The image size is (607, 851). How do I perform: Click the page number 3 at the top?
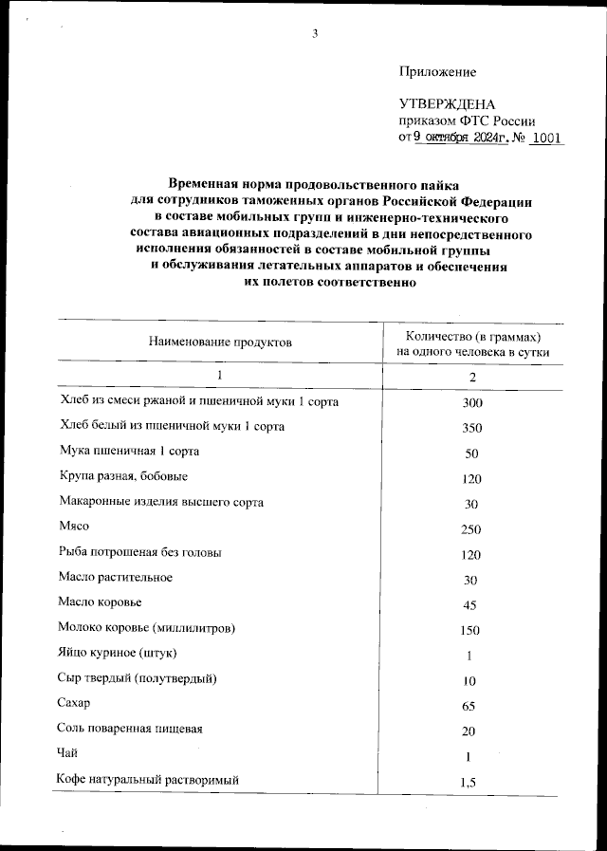click(315, 35)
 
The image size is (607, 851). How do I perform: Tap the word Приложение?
click(437, 72)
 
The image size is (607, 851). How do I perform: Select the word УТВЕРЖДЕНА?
click(447, 103)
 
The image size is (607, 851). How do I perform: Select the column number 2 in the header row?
click(472, 377)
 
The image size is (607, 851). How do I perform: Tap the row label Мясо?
click(75, 527)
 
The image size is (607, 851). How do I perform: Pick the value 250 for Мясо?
click(471, 529)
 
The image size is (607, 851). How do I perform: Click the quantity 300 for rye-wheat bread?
click(471, 403)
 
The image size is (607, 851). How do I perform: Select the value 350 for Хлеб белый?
click(471, 428)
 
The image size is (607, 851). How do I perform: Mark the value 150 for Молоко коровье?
click(471, 631)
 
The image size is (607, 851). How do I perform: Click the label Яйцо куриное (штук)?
click(118, 653)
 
